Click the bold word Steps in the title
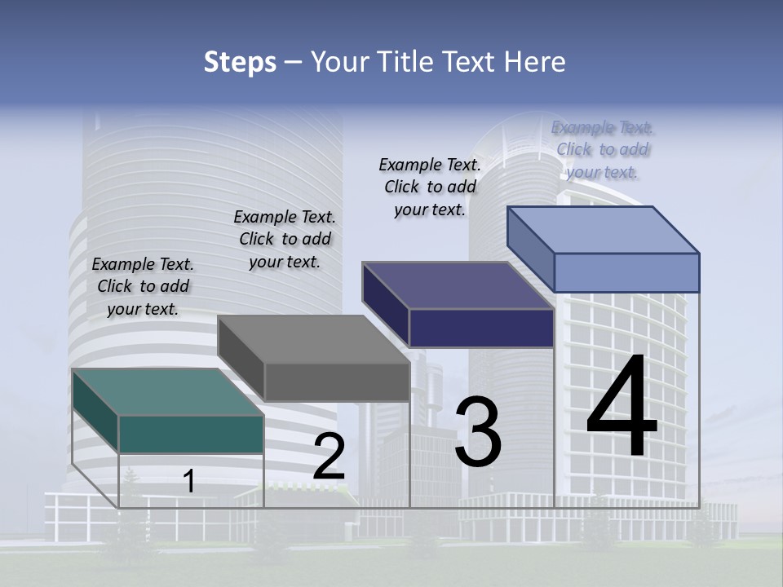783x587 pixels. (x=240, y=62)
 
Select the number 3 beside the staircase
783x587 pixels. (x=478, y=432)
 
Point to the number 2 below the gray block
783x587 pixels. (x=329, y=457)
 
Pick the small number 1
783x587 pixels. (x=189, y=481)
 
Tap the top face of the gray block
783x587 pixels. (x=314, y=338)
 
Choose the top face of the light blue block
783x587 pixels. (x=604, y=230)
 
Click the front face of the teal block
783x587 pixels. (x=191, y=434)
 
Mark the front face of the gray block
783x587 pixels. (x=337, y=382)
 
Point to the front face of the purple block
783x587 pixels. (x=481, y=328)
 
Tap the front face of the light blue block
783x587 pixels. (x=626, y=272)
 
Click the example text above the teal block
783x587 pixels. (x=143, y=286)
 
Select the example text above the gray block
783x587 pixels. (x=285, y=239)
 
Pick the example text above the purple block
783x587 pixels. (x=430, y=187)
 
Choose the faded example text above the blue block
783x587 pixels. (x=603, y=149)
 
